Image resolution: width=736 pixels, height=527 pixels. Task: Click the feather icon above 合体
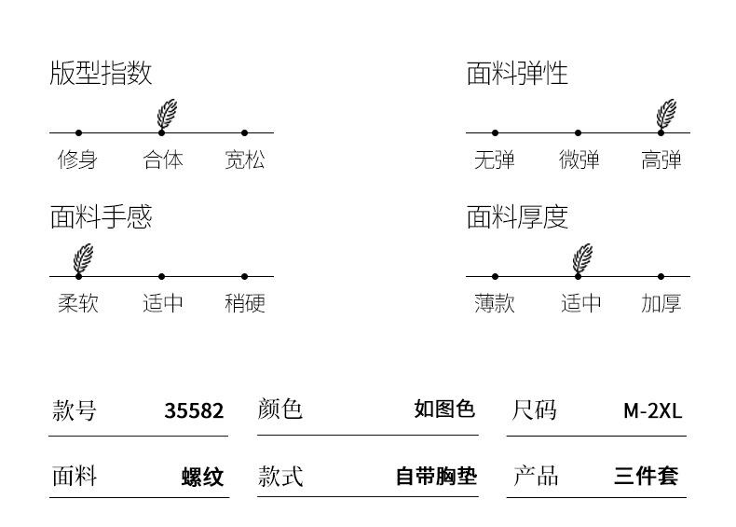(x=167, y=114)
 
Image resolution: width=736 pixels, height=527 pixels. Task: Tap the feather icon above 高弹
(x=666, y=114)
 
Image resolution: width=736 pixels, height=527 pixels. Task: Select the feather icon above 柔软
(x=83, y=258)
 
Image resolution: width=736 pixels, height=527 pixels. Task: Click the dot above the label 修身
(x=78, y=133)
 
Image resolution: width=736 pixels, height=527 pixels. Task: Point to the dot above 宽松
(x=244, y=133)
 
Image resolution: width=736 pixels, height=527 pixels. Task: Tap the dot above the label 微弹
(x=578, y=133)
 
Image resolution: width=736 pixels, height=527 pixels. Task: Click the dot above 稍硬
(x=244, y=276)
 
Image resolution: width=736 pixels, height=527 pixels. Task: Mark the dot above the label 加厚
(x=661, y=276)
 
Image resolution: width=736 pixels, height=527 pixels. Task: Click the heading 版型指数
(x=101, y=74)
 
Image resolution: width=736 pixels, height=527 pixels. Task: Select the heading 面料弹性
(x=517, y=74)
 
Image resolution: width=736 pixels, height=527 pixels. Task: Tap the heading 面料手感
(x=101, y=217)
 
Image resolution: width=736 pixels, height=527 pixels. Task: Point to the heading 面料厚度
(x=517, y=217)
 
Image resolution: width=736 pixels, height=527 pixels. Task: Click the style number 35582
(x=194, y=411)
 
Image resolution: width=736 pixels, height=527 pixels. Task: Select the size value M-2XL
(x=652, y=411)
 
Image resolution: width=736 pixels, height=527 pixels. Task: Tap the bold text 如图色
(x=444, y=409)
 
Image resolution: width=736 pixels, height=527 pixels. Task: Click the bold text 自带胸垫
(x=437, y=476)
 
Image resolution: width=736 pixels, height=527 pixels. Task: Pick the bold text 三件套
(x=646, y=476)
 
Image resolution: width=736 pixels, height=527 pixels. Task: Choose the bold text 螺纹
(x=203, y=478)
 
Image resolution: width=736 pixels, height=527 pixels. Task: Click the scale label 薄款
(x=495, y=303)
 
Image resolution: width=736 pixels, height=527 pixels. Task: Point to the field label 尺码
(x=534, y=410)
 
